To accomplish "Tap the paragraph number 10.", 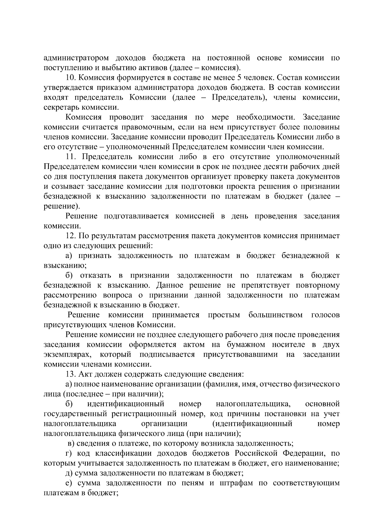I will [70, 78].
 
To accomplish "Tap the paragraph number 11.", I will [70, 157].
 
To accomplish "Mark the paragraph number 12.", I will [70, 236].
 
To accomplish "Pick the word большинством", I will [275, 315].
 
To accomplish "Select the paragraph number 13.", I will [70, 374].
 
